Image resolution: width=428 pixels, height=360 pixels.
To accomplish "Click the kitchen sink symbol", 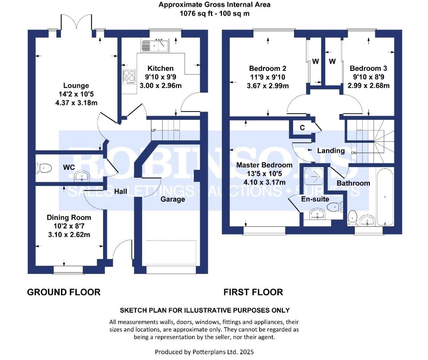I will click(155, 45).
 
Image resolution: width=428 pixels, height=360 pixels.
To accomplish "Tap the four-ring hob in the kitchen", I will click(129, 77).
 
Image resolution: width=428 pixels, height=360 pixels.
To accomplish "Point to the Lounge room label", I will click(76, 86).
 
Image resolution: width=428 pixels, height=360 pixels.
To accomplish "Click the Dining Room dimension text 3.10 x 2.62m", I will click(69, 234).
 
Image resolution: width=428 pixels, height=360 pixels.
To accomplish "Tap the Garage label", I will click(172, 199).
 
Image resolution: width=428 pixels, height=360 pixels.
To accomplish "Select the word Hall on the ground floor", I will click(121, 192).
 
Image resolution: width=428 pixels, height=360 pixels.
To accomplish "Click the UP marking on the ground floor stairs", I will click(154, 131).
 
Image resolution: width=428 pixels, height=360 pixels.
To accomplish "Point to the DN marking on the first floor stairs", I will click(354, 153).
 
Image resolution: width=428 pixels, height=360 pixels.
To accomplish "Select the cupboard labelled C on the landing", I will click(302, 128).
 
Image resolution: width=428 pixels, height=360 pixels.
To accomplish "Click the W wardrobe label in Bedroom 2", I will click(315, 61).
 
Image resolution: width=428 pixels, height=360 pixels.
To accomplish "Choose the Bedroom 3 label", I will click(368, 68).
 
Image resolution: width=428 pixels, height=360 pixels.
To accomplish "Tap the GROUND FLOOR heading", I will click(64, 292).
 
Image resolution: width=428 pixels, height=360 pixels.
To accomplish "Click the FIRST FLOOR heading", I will click(253, 292).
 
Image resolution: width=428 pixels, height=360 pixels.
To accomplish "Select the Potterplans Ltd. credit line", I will click(204, 352).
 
